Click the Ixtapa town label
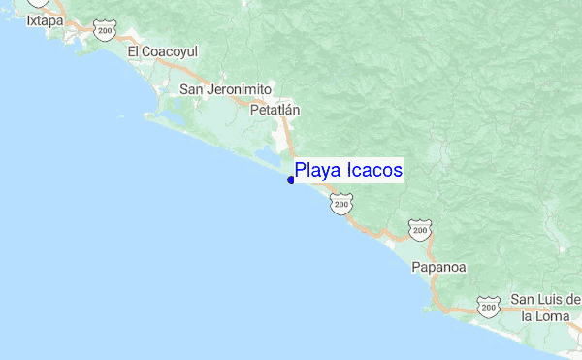tap(44, 19)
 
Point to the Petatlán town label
tap(275, 111)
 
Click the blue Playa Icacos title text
tap(348, 171)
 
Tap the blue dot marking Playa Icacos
tap(291, 180)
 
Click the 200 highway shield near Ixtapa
tap(104, 32)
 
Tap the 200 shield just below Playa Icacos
tap(339, 204)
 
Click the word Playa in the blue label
tap(317, 172)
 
